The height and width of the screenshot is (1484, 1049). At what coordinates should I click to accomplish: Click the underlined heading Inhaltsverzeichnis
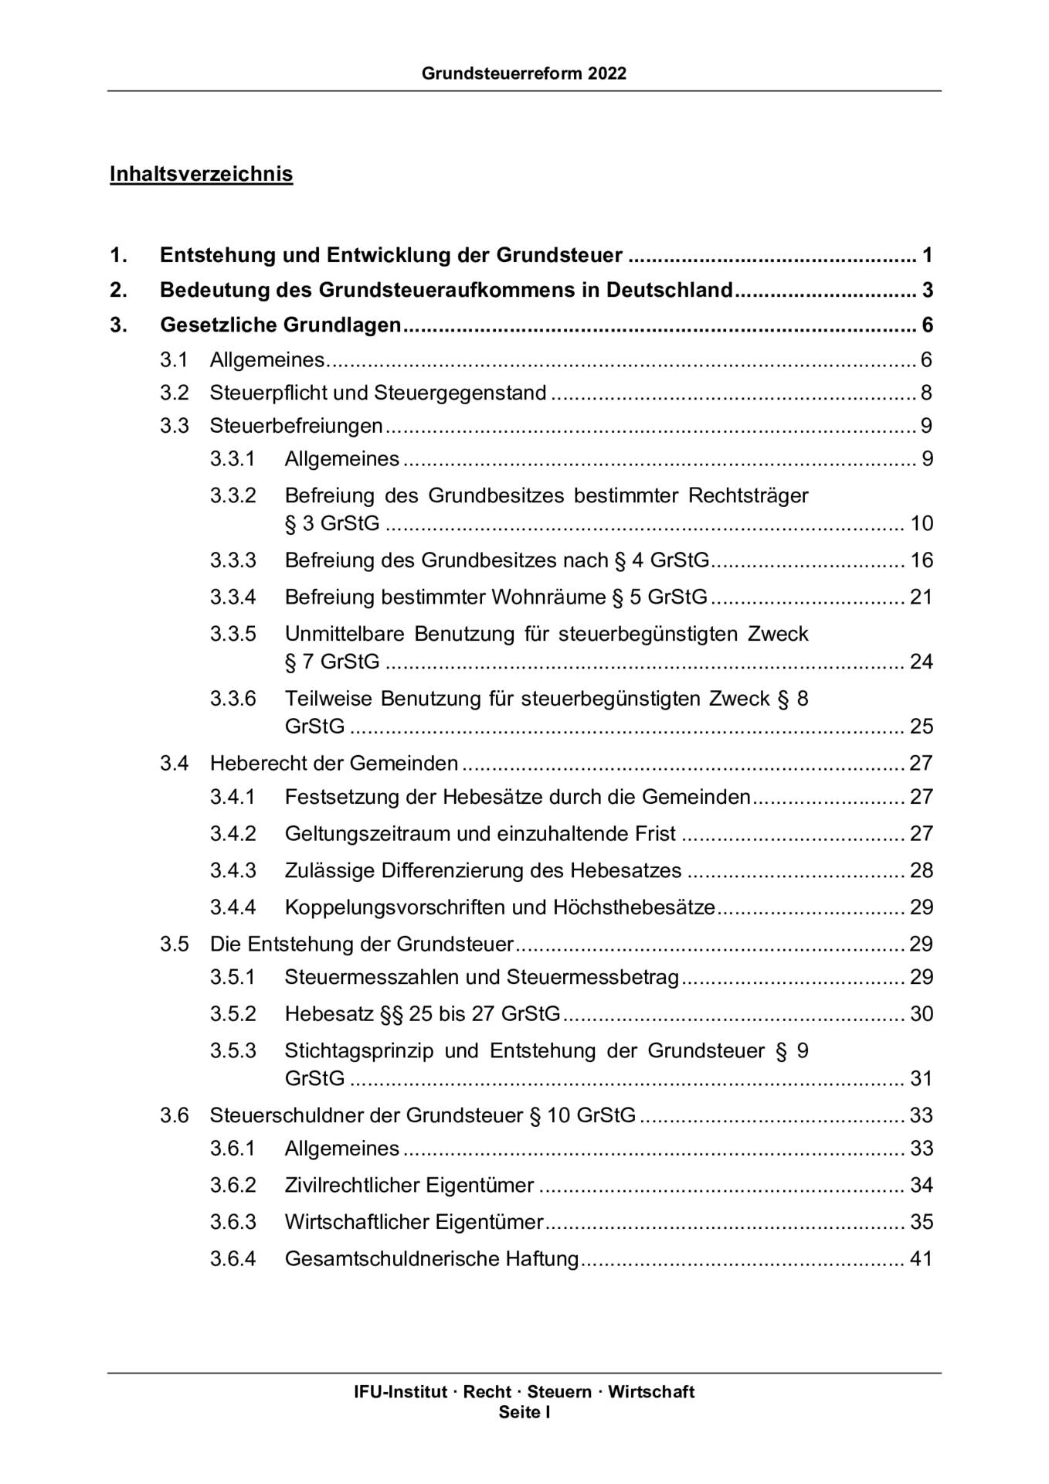click(x=201, y=174)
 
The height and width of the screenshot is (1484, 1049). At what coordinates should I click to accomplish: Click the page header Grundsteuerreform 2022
click(x=524, y=74)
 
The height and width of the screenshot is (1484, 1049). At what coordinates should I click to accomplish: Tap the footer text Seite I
click(x=524, y=1412)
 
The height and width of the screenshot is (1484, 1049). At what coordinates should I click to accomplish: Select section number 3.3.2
click(x=233, y=495)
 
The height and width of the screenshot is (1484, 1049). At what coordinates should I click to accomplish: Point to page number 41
click(x=921, y=1259)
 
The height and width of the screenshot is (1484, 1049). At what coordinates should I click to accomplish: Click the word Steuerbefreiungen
click(x=296, y=426)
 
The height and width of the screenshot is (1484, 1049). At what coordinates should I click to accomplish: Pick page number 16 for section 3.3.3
click(x=921, y=560)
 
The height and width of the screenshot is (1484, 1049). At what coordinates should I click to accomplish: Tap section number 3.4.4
click(x=233, y=907)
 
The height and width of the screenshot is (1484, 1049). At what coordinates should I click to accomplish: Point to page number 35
click(x=921, y=1222)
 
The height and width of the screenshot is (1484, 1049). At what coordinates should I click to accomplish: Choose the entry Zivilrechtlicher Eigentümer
click(x=409, y=1186)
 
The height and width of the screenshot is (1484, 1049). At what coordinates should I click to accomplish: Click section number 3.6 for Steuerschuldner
click(x=174, y=1115)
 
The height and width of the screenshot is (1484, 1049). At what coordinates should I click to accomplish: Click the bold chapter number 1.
click(x=117, y=255)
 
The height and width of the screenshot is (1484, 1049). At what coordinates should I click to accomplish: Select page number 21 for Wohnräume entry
click(x=921, y=597)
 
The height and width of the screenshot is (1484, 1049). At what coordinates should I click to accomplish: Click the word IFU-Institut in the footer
click(x=400, y=1392)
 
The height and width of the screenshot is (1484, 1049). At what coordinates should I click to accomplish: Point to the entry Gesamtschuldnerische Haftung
click(x=431, y=1259)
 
